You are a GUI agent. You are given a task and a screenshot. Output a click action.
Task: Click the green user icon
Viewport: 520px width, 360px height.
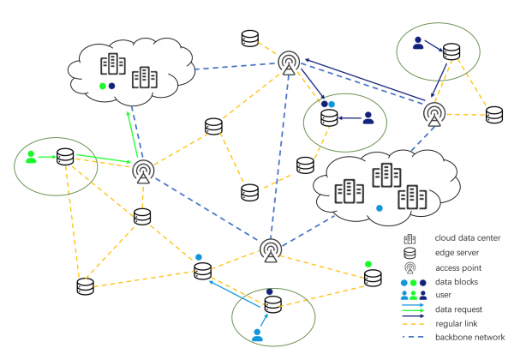(x=32, y=156)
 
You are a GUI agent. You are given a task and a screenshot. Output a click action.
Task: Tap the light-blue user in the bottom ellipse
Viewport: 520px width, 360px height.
(x=257, y=333)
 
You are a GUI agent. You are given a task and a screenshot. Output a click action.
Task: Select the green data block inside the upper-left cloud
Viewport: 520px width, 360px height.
(x=103, y=87)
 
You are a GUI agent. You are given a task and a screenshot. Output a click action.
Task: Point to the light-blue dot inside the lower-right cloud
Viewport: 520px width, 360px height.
(x=380, y=208)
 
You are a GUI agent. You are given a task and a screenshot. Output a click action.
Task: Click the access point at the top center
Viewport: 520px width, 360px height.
(x=289, y=63)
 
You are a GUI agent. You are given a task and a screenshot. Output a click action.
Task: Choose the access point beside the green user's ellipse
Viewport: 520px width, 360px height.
(x=143, y=173)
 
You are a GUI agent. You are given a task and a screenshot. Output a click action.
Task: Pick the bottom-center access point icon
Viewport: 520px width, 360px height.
(x=270, y=251)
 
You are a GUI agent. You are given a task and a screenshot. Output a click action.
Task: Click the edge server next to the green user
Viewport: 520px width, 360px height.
(x=65, y=158)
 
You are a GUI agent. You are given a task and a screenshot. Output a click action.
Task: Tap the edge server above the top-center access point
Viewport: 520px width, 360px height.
(x=249, y=39)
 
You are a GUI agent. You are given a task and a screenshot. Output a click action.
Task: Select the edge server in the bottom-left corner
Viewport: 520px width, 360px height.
(x=84, y=285)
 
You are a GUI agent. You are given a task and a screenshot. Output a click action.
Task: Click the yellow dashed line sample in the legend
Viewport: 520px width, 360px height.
(x=415, y=323)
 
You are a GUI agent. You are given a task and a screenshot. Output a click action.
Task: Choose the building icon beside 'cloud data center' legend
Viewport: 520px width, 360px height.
(x=409, y=238)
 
